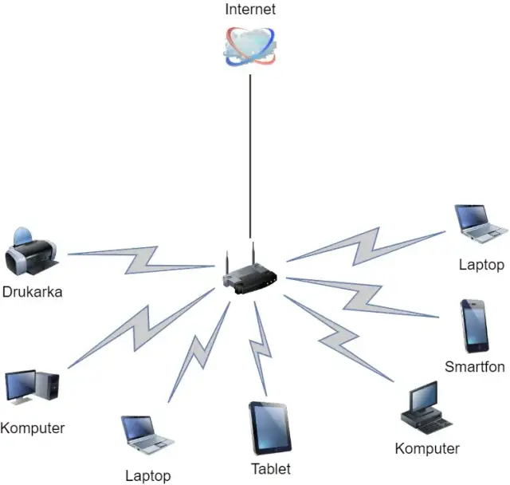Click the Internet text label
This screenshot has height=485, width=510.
click(249, 10)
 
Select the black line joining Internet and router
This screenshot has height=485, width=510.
click(250, 152)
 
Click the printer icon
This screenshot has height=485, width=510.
click(32, 254)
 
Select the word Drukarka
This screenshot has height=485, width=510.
click(32, 292)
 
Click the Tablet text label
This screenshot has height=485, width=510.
click(271, 469)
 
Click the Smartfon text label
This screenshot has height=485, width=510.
click(475, 367)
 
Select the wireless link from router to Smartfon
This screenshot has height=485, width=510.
click(363, 297)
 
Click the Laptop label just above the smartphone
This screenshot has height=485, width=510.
click(481, 265)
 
